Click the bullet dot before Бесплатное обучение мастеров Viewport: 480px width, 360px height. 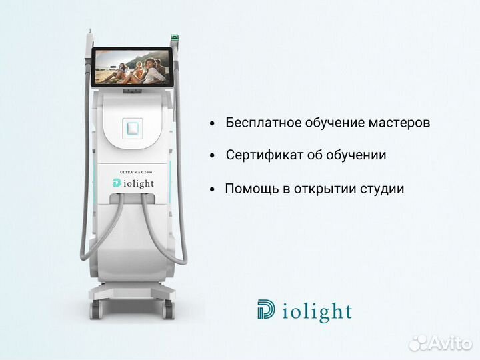[x=212, y=124]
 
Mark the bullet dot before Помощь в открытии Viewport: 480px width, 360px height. [x=212, y=189]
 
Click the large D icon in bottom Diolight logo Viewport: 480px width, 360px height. [x=265, y=310]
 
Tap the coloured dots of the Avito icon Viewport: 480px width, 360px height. [x=418, y=342]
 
